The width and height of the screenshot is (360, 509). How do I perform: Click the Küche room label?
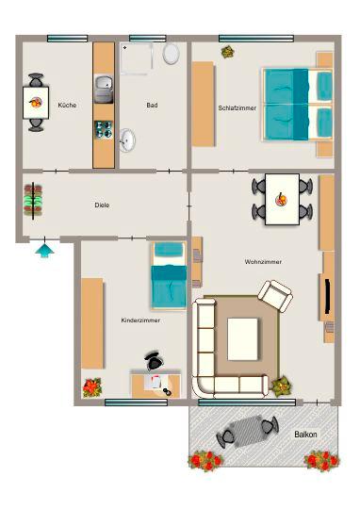67,105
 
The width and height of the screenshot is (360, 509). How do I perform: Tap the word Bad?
152,105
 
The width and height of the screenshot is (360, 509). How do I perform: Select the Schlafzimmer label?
237,107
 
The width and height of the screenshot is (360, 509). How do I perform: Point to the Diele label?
102,205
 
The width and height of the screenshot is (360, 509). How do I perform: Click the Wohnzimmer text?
263,261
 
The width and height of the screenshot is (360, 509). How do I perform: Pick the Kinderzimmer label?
140,320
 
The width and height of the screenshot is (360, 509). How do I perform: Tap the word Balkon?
305,434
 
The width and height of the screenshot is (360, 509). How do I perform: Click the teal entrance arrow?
42,250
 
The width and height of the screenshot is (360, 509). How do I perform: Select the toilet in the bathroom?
172,54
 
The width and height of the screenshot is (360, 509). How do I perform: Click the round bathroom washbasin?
127,140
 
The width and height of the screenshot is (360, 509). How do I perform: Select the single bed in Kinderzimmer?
170,274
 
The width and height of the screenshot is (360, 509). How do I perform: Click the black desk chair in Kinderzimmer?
153,361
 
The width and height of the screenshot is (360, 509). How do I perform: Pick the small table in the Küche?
37,102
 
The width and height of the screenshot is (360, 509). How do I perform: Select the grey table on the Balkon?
246,433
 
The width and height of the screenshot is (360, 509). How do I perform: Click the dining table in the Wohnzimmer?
281,199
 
